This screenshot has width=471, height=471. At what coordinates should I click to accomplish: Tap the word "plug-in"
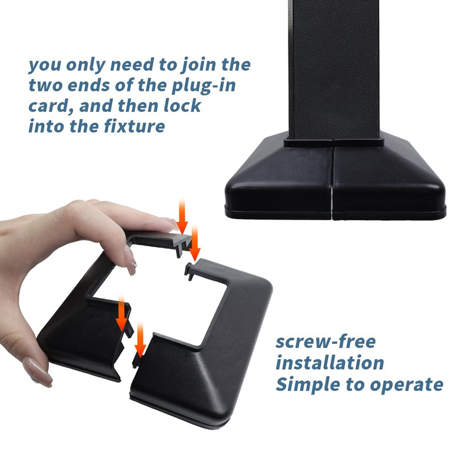click(203, 86)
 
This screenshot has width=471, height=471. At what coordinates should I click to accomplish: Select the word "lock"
click(182, 105)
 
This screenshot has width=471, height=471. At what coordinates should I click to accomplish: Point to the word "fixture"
click(134, 125)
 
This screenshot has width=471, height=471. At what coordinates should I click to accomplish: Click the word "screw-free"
click(326, 342)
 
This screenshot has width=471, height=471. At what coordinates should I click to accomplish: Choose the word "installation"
click(330, 362)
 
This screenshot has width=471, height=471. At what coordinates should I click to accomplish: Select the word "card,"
click(51, 107)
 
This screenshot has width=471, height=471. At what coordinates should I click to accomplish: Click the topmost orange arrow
click(182, 216)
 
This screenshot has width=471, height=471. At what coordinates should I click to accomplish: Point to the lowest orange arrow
click(140, 340)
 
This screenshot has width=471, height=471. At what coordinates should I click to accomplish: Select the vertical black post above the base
click(334, 70)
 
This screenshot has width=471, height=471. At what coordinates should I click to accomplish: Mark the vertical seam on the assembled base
click(332, 180)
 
